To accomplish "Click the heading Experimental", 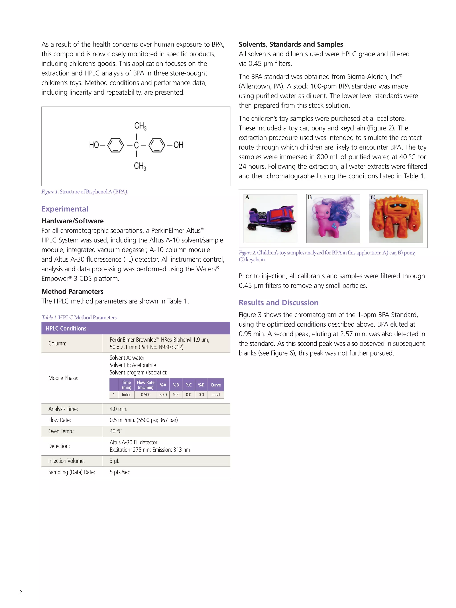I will (65, 209).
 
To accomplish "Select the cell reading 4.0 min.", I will (118, 409).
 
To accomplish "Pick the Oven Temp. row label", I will (61, 431).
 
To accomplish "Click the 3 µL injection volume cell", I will (114, 461).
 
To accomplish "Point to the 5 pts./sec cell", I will (120, 472).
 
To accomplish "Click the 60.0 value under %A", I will (163, 395).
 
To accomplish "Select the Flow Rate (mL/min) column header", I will (145, 385).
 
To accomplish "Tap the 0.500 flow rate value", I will (145, 395).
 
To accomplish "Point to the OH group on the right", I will (178, 145).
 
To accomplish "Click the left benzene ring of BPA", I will (115, 145).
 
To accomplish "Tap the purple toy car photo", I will (271, 219).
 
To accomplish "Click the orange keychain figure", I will (396, 219).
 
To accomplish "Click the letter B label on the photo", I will (309, 197).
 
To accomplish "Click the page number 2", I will (21, 592).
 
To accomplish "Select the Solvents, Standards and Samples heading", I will (291, 44).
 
